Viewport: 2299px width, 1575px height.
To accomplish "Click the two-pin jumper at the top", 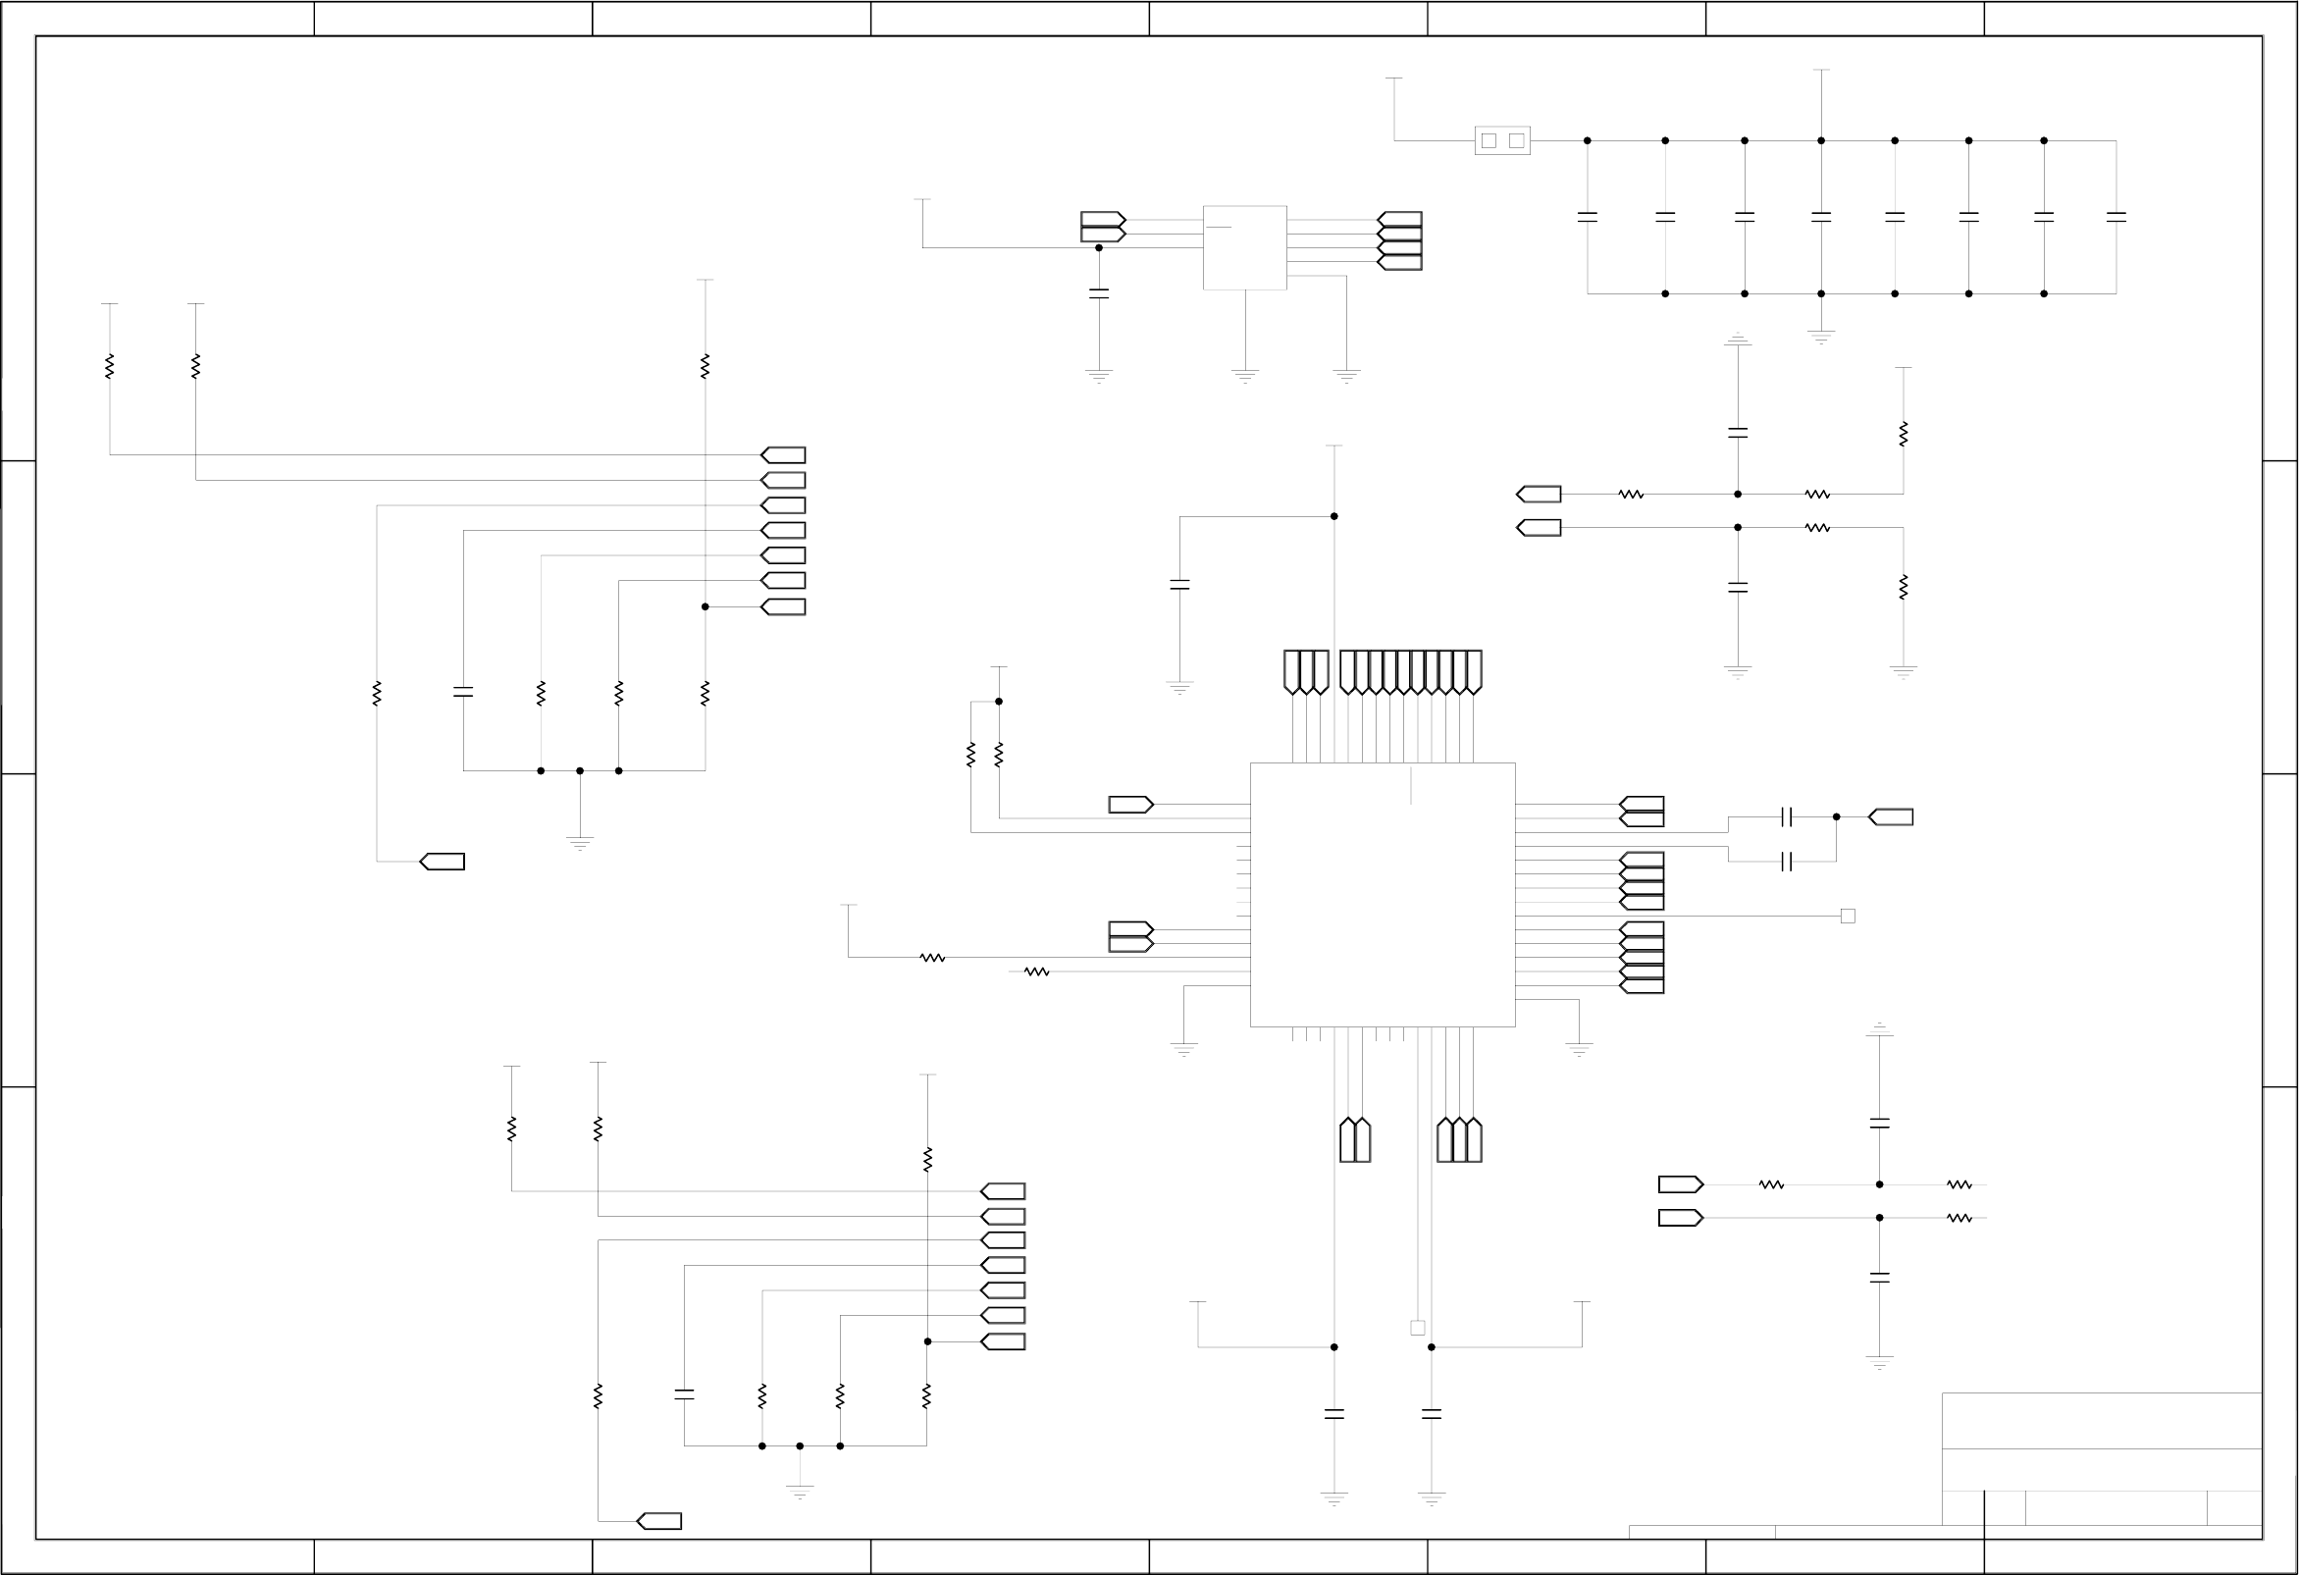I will (x=1501, y=140).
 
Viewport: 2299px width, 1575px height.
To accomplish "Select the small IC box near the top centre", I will (x=1244, y=247).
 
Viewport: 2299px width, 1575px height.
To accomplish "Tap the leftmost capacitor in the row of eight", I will (x=1588, y=216).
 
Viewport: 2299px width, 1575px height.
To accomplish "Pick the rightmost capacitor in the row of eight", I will (x=2116, y=216).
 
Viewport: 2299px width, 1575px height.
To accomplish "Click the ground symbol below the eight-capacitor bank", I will (x=1821, y=337).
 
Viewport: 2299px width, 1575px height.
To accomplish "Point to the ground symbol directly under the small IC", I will (x=1245, y=376).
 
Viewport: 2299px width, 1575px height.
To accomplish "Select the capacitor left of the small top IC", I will (x=1099, y=292).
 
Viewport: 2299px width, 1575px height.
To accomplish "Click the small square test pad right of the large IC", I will (x=1848, y=917).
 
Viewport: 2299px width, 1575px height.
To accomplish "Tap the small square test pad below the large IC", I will (x=1418, y=1328).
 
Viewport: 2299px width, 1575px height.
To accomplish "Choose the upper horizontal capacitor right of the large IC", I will (x=1787, y=817).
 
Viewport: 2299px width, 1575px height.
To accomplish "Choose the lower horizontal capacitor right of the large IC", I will (x=1787, y=862).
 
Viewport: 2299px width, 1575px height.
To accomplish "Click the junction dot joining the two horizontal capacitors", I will (x=1837, y=817).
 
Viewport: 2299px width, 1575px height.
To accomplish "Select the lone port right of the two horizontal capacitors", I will (x=1891, y=817).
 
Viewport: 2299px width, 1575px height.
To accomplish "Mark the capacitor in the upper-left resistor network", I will (x=463, y=693).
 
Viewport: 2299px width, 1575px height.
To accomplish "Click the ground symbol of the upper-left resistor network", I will (x=580, y=843).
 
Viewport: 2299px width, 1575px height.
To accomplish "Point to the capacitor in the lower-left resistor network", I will (x=684, y=1395).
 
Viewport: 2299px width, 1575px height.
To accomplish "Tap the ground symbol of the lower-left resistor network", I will (x=801, y=1491).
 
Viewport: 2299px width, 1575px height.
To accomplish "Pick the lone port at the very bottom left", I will (x=658, y=1522).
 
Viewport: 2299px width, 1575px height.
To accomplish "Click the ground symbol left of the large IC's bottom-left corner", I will (x=1184, y=1049).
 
